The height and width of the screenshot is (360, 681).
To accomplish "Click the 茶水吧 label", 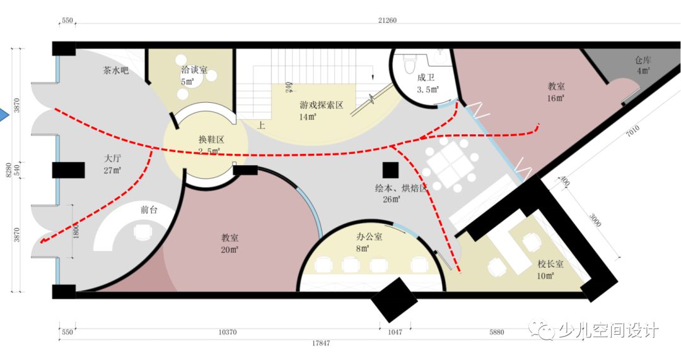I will pos(116,71).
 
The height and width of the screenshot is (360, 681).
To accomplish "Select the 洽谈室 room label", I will pos(194,70).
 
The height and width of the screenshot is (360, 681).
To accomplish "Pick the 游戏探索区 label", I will pos(321,105).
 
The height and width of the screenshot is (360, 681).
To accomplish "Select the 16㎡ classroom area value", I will pos(556,98).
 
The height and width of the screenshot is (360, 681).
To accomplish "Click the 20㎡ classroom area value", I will pos(230,250).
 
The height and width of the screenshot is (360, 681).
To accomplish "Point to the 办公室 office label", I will pos(369,237).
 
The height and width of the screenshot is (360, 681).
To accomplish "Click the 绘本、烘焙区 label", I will pos(401,188).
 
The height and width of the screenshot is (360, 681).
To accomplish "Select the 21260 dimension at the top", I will pos(387,20).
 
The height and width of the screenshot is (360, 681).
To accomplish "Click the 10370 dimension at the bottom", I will pos(228,332).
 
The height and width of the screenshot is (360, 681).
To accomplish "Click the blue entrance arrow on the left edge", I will pos(3,115).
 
